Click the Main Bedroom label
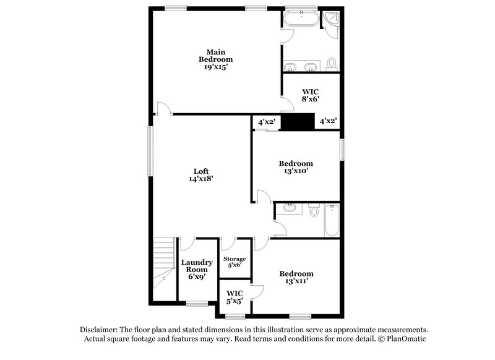[x=215, y=55]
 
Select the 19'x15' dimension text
[x=215, y=67]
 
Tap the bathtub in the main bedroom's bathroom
[x=301, y=20]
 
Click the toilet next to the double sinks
[x=331, y=64]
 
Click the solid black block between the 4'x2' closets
[x=298, y=122]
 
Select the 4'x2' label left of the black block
[x=267, y=122]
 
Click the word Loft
[x=201, y=171]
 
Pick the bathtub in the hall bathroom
[x=332, y=221]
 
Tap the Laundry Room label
[x=197, y=266]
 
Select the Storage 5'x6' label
[x=235, y=262]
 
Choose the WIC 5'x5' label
[x=235, y=297]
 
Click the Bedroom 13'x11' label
[x=296, y=277]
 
